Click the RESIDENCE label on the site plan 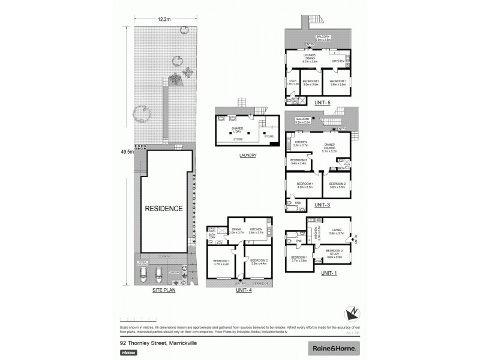tap(163, 209)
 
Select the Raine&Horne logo tap(333, 347)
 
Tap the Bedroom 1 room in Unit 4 tap(223, 262)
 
